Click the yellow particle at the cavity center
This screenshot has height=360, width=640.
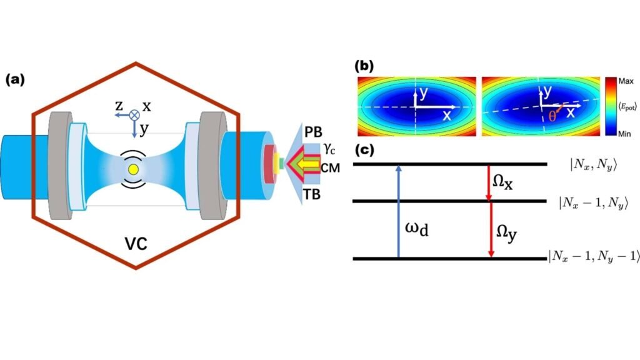(x=132, y=169)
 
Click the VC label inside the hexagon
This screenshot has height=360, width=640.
(x=134, y=242)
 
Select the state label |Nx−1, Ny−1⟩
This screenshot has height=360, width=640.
(x=594, y=257)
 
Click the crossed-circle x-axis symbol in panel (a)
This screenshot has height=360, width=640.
(x=133, y=114)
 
